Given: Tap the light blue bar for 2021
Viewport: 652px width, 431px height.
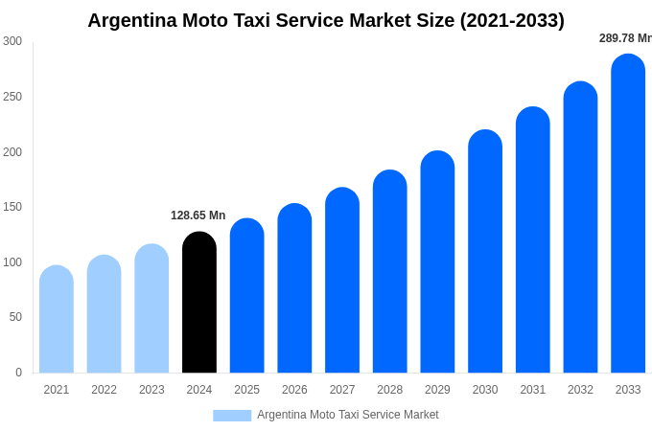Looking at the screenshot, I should (57, 320).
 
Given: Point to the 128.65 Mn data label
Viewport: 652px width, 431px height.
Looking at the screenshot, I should (198, 215).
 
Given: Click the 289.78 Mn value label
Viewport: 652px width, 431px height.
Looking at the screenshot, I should (624, 38).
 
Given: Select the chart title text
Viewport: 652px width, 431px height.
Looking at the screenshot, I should (326, 20).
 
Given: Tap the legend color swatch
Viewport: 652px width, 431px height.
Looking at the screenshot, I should (232, 416).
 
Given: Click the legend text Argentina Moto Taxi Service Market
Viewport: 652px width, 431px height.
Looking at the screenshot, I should (347, 415).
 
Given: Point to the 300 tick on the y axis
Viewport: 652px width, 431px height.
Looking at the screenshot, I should (12, 41).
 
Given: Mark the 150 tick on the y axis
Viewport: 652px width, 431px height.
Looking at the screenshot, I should (12, 207).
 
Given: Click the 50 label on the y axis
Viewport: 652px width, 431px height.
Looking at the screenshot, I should (15, 317).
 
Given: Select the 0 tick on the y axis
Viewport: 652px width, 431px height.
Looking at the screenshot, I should (18, 373).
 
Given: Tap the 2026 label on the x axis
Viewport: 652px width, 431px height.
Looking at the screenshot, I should (294, 390).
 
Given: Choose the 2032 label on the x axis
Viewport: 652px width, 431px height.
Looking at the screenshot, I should (580, 390).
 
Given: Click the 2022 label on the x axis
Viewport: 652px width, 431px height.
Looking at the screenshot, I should (104, 390).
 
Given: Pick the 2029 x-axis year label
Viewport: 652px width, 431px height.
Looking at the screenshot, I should (437, 390).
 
